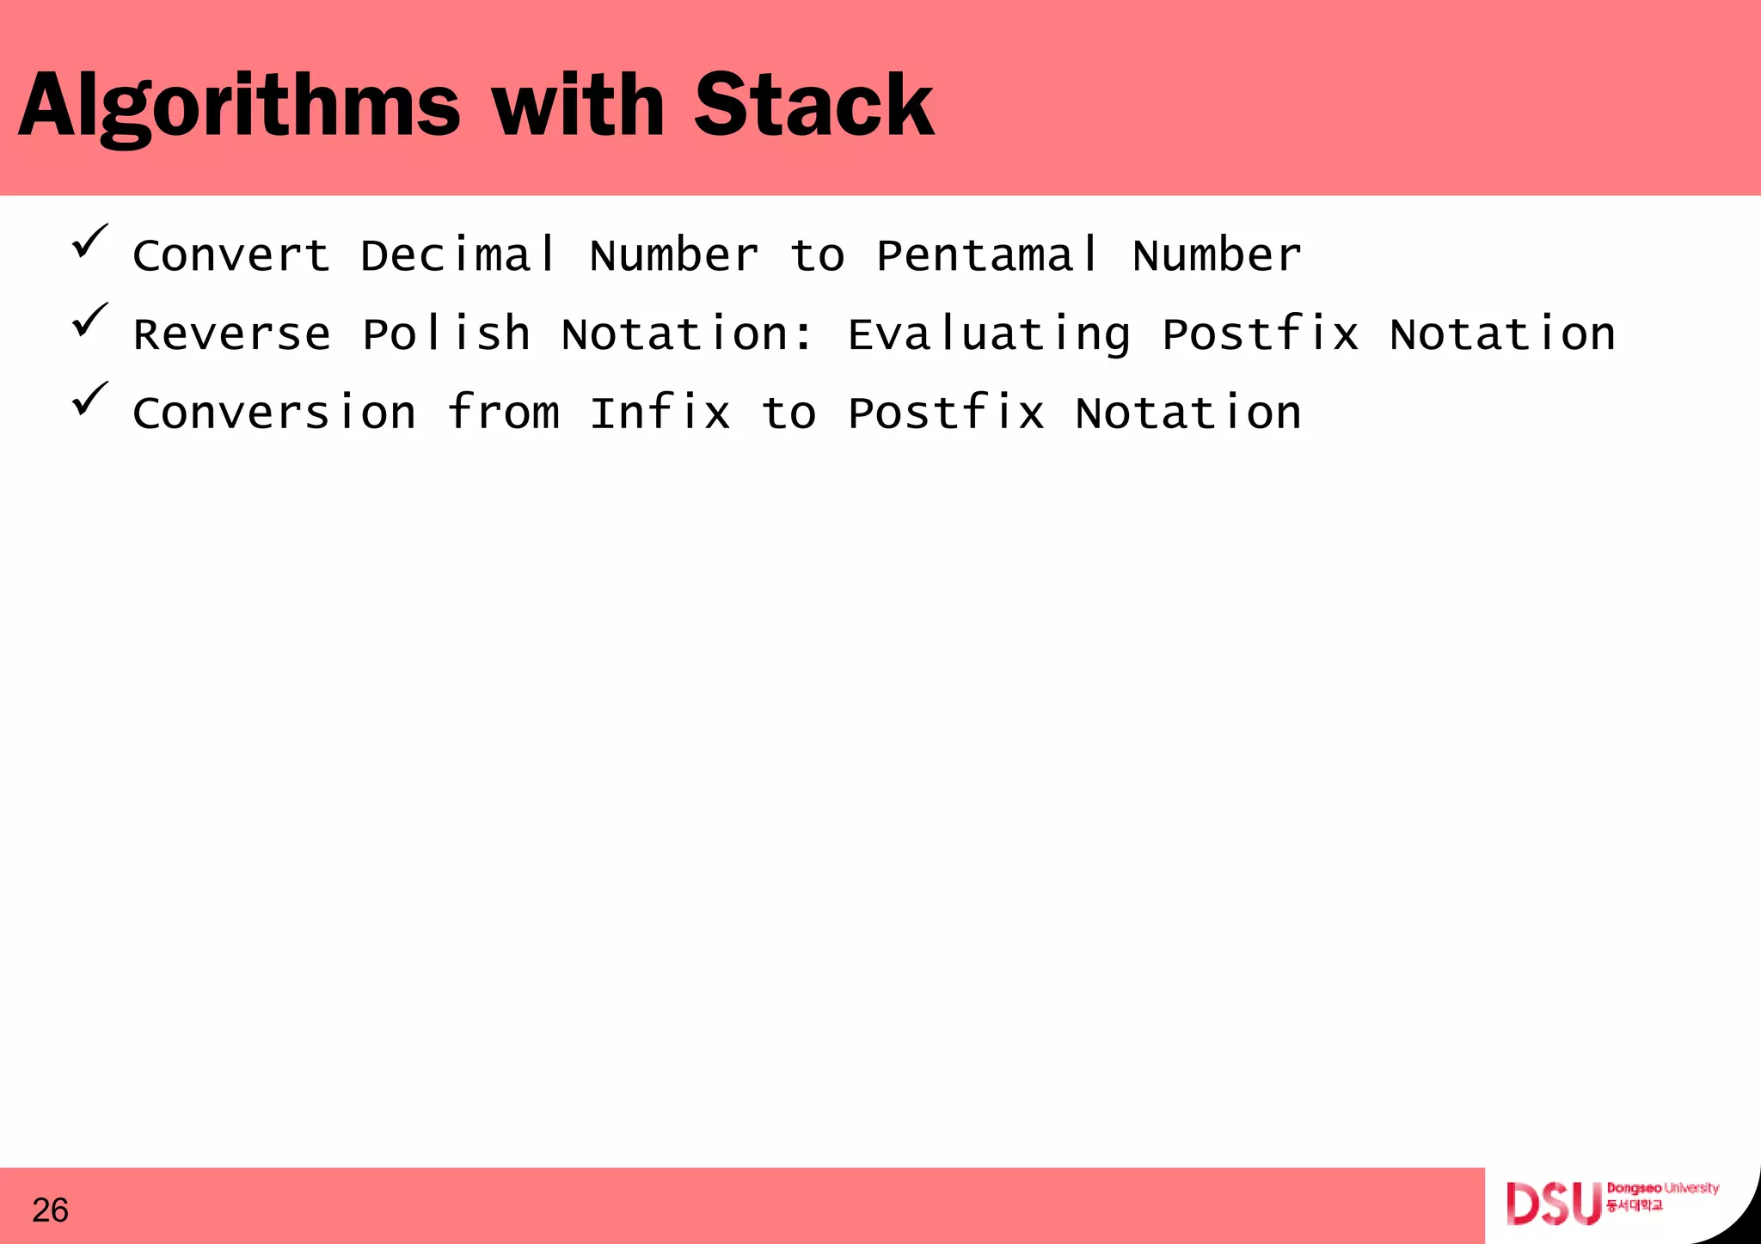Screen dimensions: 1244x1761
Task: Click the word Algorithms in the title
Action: point(239,106)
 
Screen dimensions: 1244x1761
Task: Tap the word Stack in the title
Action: point(813,106)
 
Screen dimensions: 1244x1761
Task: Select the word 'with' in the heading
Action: point(578,106)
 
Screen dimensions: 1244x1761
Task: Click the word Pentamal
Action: point(988,255)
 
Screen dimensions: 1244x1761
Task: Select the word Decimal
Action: point(459,255)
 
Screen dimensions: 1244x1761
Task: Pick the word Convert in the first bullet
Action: point(231,255)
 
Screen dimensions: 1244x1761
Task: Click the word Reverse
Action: point(232,334)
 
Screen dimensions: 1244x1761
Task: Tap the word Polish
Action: point(446,334)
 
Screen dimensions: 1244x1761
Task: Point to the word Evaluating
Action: point(989,334)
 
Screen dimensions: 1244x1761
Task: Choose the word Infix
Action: point(660,414)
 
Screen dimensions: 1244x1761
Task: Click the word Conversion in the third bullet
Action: point(274,414)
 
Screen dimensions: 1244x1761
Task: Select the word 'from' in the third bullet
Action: point(504,414)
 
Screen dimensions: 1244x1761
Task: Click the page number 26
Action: point(50,1210)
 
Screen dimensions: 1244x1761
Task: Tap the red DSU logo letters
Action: point(1553,1204)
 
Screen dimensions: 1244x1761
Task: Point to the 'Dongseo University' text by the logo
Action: point(1662,1189)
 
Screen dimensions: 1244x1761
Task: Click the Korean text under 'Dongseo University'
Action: point(1634,1206)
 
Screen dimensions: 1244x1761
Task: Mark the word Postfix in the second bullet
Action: point(1261,334)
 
